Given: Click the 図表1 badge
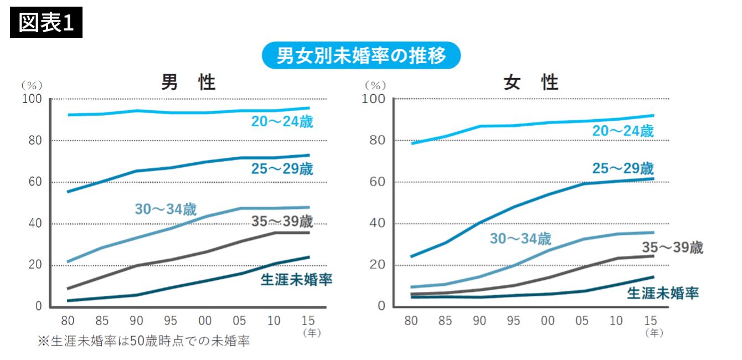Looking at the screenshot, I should point(46,23).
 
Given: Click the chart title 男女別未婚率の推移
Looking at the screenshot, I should point(360,55).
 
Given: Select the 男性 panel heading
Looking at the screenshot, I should point(188,83).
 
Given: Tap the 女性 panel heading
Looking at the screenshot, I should point(531,83).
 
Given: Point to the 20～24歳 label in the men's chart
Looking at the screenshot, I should point(282,122).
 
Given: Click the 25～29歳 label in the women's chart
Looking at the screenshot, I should point(623,168).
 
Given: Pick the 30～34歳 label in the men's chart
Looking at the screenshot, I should point(166,209).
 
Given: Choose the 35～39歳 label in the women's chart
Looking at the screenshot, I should point(672,248).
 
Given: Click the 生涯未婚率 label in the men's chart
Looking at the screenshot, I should point(296,279).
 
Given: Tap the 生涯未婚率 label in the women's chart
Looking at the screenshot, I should point(662,293).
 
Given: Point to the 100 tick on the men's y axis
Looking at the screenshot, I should point(32,99).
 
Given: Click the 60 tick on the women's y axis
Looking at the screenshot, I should point(379,182).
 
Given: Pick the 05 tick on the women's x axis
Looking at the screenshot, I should point(582,321).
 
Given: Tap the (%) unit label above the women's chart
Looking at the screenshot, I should point(375,85).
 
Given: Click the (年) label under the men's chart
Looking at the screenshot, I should point(311,333).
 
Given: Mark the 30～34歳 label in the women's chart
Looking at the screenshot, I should point(520,239).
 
